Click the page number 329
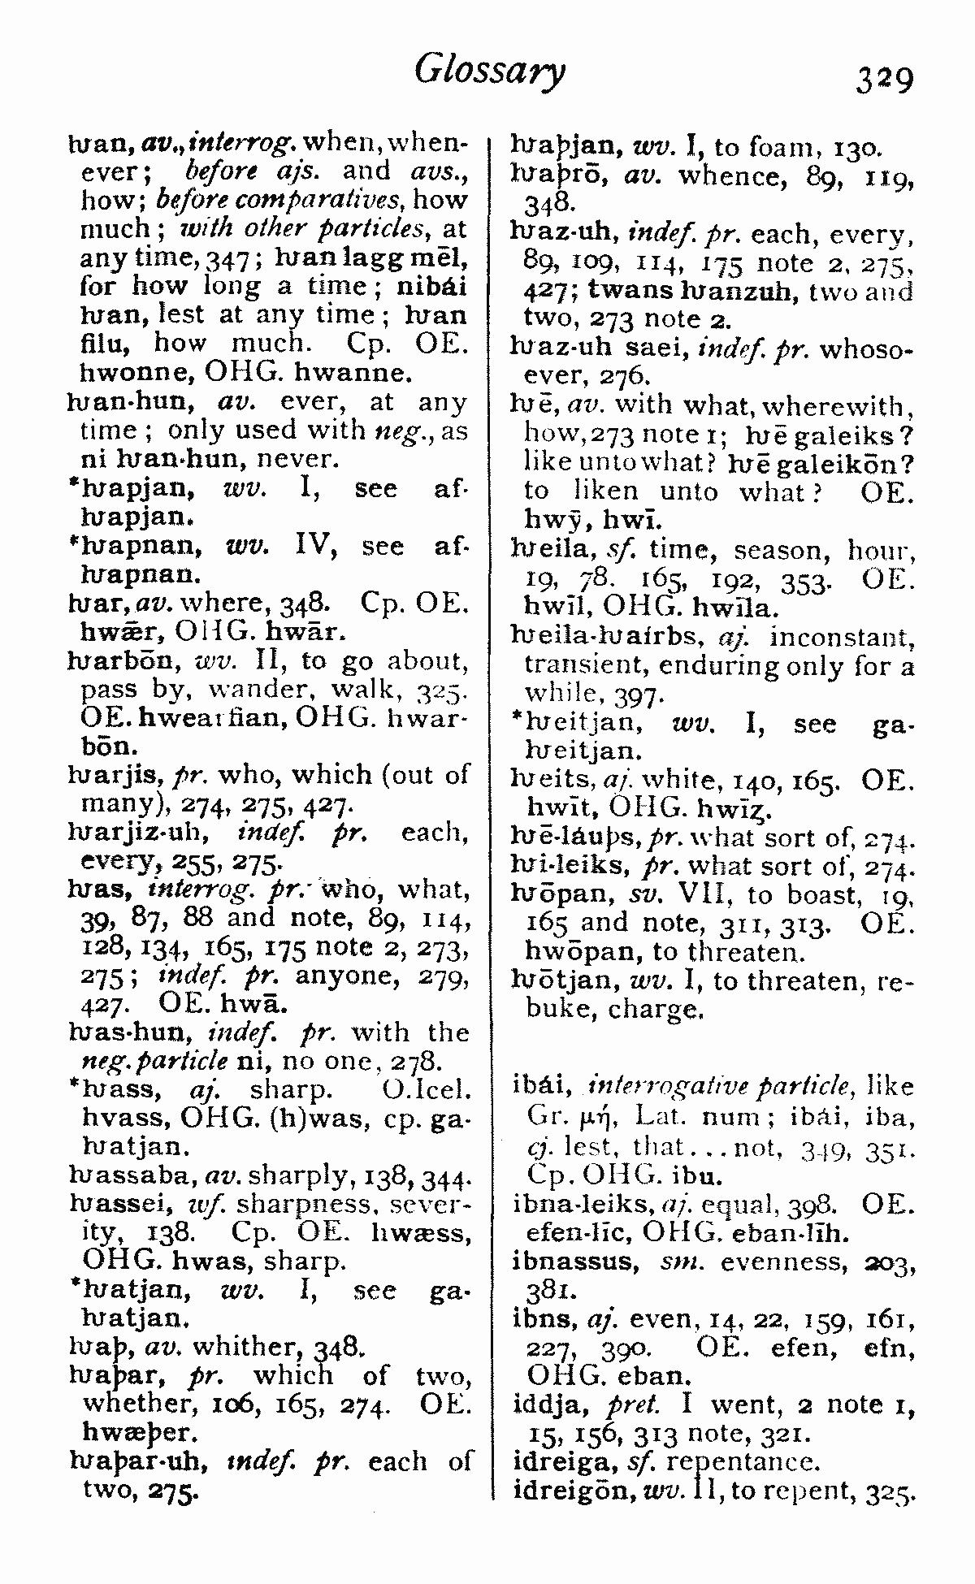[884, 79]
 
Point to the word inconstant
[841, 636]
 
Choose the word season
[781, 552]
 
